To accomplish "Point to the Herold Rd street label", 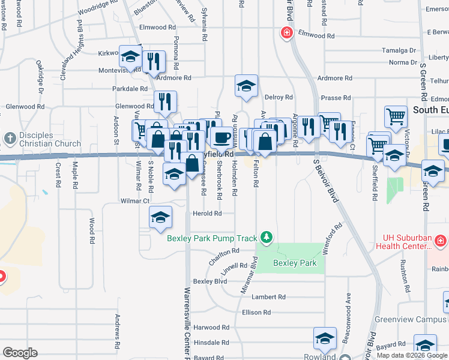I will click(207, 213).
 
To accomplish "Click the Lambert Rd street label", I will click(268, 297).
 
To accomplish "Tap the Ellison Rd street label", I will click(256, 313).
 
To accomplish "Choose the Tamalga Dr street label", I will click(402, 51).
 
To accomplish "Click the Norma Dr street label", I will click(402, 62).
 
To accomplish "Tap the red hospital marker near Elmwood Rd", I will click(287, 32).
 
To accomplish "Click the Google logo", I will click(20, 353).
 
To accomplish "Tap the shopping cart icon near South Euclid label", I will click(396, 118).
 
